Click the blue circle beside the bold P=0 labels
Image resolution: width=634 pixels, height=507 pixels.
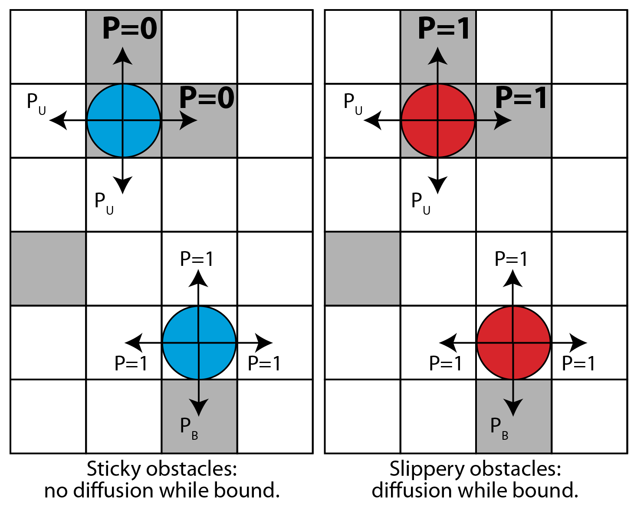pyautogui.click(x=124, y=121)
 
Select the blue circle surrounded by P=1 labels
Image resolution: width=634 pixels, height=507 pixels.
pyautogui.click(x=199, y=343)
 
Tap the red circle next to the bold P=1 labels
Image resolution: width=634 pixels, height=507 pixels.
pyautogui.click(x=438, y=121)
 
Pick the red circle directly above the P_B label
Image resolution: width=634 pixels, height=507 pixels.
pyautogui.click(x=513, y=343)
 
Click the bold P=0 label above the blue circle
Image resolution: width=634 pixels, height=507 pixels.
pyautogui.click(x=130, y=29)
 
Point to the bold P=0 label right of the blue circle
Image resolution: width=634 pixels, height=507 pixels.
pyautogui.click(x=207, y=98)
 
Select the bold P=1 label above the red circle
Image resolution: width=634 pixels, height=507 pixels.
pyautogui.click(x=444, y=29)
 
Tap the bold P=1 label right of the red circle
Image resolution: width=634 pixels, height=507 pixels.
pyautogui.click(x=521, y=98)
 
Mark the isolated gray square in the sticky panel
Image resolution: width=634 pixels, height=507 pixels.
pyautogui.click(x=48, y=269)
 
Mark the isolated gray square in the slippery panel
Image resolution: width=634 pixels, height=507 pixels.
pyautogui.click(x=362, y=269)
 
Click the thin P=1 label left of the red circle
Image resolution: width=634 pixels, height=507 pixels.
pyautogui.click(x=445, y=363)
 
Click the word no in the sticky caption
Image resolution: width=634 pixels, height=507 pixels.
pyautogui.click(x=56, y=491)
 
